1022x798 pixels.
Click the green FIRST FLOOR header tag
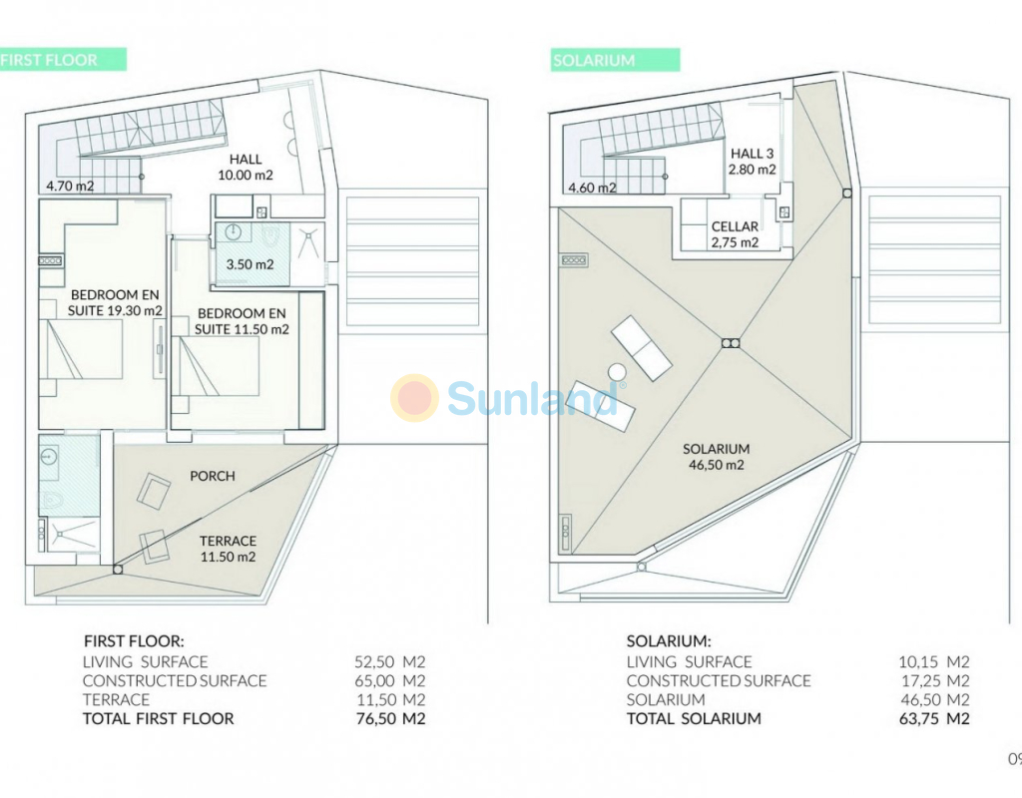pyautogui.click(x=63, y=60)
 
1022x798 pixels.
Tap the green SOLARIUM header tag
pyautogui.click(x=615, y=60)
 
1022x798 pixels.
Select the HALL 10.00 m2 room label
pyautogui.click(x=246, y=167)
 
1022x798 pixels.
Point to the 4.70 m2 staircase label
pyautogui.click(x=70, y=187)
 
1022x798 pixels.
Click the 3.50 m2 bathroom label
pyautogui.click(x=250, y=264)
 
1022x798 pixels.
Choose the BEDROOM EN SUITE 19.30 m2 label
pyautogui.click(x=115, y=303)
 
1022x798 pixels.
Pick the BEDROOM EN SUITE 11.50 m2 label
pyautogui.click(x=242, y=321)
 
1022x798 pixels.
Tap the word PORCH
pyautogui.click(x=213, y=476)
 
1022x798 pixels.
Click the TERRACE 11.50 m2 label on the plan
pyautogui.click(x=229, y=549)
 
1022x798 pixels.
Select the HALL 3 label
pyautogui.click(x=753, y=154)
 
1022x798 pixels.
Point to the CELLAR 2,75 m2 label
pyautogui.click(x=736, y=234)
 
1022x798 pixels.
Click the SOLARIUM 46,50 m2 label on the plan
pyautogui.click(x=717, y=457)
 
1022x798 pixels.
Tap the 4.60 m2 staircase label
pyautogui.click(x=592, y=189)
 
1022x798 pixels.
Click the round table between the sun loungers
pyautogui.click(x=617, y=373)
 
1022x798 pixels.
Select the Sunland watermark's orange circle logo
pyautogui.click(x=414, y=397)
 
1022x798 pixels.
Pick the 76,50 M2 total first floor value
pyautogui.click(x=390, y=718)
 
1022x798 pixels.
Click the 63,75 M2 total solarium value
pyautogui.click(x=934, y=718)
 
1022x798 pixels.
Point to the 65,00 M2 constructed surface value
pyautogui.click(x=390, y=680)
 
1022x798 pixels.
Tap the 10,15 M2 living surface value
pyautogui.click(x=934, y=662)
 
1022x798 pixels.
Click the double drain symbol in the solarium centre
pyautogui.click(x=732, y=343)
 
